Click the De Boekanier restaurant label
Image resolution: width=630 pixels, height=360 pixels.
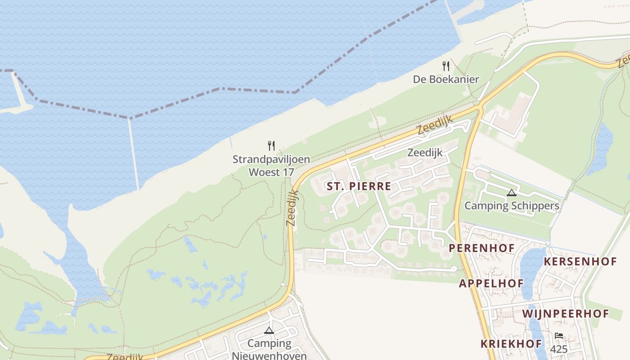click(x=446, y=80)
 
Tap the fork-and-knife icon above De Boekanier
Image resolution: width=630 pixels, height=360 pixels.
click(x=446, y=67)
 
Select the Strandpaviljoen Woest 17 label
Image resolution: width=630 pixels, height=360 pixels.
click(x=271, y=166)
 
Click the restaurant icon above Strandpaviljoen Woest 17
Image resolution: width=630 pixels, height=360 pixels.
click(x=271, y=146)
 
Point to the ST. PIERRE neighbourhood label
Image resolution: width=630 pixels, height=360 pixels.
click(x=359, y=186)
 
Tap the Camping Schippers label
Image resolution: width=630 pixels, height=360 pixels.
click(x=512, y=206)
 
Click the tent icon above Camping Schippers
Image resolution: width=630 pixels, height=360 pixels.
click(x=511, y=193)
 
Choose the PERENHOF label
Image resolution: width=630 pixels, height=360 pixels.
click(x=481, y=248)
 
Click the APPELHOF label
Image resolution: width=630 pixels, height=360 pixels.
click(x=491, y=283)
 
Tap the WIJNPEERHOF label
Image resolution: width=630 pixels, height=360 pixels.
click(x=565, y=314)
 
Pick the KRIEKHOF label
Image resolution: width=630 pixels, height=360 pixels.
click(x=511, y=344)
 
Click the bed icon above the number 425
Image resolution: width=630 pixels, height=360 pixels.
click(x=558, y=336)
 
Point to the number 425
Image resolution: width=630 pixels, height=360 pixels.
click(x=558, y=349)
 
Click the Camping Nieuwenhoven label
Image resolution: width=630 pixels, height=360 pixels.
click(x=269, y=349)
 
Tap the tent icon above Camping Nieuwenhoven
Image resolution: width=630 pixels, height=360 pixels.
click(x=269, y=331)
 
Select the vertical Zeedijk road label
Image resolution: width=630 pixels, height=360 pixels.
click(x=292, y=207)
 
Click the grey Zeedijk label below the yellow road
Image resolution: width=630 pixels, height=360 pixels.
click(x=425, y=153)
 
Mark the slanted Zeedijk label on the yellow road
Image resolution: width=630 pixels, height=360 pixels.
click(x=434, y=125)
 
